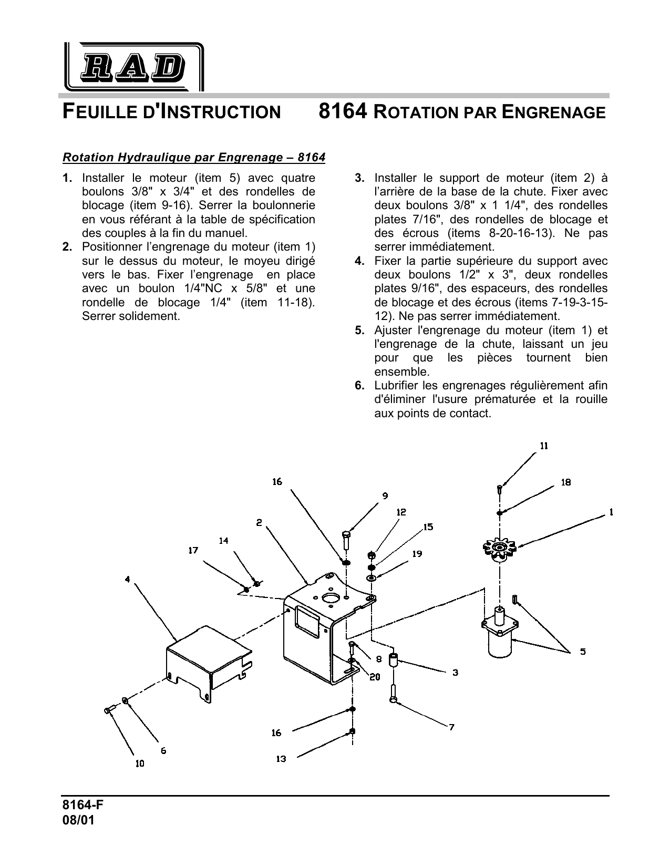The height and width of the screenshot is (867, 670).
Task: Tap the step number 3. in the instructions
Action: click(360, 178)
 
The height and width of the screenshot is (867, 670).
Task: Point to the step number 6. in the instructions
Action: click(360, 386)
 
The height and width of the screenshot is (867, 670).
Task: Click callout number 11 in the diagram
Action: click(544, 446)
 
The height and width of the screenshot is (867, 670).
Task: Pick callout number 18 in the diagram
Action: click(566, 482)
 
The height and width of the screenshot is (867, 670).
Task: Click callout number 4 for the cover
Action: click(128, 580)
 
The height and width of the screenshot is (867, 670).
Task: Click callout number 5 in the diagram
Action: click(583, 652)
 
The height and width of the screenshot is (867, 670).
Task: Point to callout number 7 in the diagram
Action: click(451, 727)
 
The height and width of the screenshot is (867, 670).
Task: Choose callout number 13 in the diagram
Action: click(281, 759)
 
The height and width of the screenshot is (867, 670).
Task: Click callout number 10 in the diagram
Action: click(139, 763)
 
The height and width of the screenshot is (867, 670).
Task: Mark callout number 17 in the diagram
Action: click(193, 550)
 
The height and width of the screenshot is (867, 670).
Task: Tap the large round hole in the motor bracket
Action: click(332, 598)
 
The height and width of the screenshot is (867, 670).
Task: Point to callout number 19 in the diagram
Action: click(417, 554)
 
